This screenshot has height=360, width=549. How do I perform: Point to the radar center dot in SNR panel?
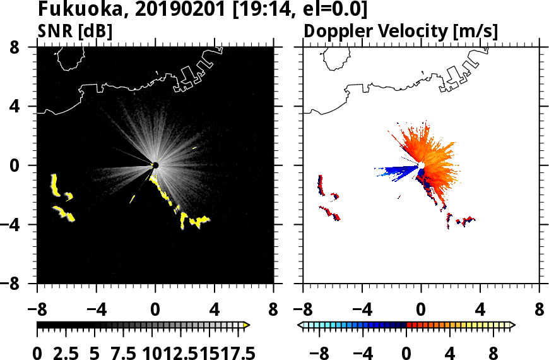[155, 165]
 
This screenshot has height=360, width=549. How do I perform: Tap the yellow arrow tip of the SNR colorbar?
[247, 325]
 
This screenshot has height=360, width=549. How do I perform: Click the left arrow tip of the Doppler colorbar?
[300, 325]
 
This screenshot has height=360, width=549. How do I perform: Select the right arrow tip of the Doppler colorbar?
[512, 325]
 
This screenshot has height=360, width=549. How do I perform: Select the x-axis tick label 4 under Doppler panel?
[480, 311]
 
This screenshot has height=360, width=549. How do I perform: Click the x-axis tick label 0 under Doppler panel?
[421, 311]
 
